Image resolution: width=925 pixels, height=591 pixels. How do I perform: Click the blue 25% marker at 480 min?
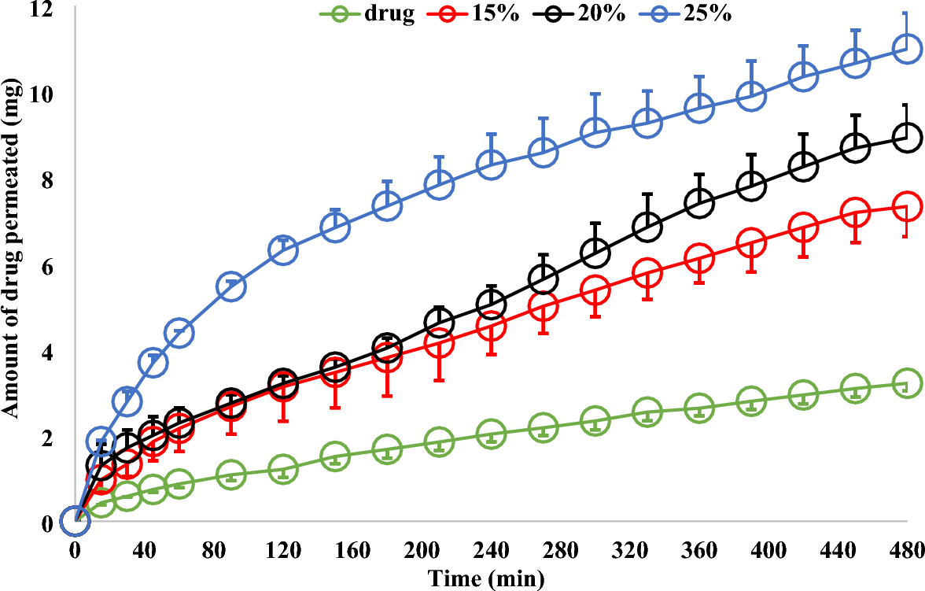click(x=907, y=48)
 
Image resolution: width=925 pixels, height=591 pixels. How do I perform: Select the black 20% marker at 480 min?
click(x=907, y=137)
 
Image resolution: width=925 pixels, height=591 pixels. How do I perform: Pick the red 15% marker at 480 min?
click(x=907, y=206)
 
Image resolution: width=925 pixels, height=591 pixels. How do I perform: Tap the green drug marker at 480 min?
click(x=907, y=383)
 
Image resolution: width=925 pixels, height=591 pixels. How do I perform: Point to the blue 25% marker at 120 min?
click(x=282, y=251)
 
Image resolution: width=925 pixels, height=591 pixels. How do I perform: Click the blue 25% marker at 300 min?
click(x=595, y=132)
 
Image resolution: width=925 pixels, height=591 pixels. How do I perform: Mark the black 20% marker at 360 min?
click(x=699, y=203)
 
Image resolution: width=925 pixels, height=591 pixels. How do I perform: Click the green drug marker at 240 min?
click(x=491, y=434)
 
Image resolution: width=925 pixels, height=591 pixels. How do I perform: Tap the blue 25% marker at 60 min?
click(x=179, y=332)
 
